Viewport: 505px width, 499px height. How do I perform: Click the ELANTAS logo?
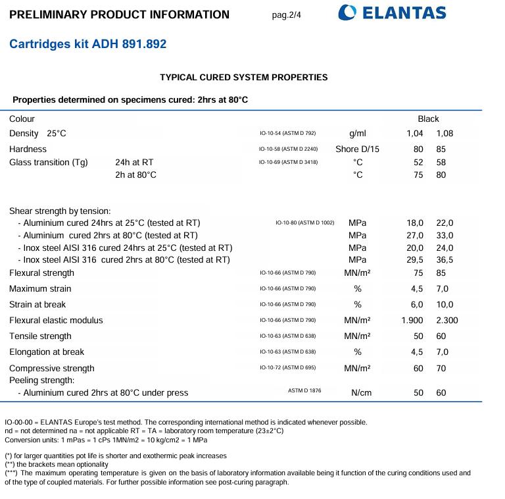[x=392, y=13]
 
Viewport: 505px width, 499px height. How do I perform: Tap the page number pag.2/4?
[x=287, y=14]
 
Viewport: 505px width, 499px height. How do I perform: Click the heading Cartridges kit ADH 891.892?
[x=87, y=44]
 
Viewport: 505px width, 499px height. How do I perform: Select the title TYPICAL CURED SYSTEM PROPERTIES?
[x=243, y=77]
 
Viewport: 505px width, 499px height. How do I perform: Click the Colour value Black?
[x=428, y=119]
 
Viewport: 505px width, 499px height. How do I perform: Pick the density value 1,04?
[x=415, y=134]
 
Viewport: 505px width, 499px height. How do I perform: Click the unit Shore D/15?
[x=357, y=149]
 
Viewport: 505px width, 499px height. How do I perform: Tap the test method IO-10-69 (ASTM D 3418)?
[x=289, y=162]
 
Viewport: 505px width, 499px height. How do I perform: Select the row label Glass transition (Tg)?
[x=49, y=163]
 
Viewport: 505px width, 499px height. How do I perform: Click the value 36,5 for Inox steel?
[x=445, y=260]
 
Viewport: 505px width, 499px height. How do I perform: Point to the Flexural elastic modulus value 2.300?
[x=446, y=321]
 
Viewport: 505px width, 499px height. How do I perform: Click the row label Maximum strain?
[x=40, y=289]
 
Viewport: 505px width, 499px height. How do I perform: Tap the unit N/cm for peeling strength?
[x=361, y=393]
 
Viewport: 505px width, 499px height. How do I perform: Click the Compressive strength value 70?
[x=441, y=369]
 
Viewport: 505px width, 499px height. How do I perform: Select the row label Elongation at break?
[x=47, y=352]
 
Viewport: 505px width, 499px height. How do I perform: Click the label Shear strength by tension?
[x=60, y=211]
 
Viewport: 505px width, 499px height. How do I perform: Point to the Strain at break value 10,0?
[x=445, y=305]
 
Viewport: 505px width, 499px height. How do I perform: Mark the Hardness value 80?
[x=418, y=149]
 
